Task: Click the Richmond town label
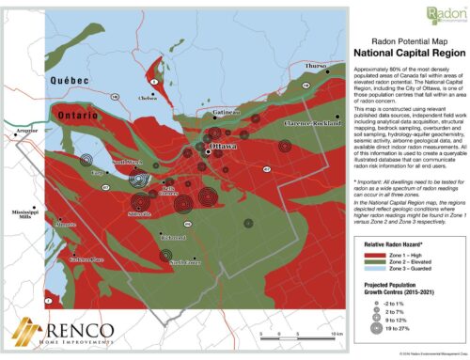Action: pyautogui.click(x=175, y=238)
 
